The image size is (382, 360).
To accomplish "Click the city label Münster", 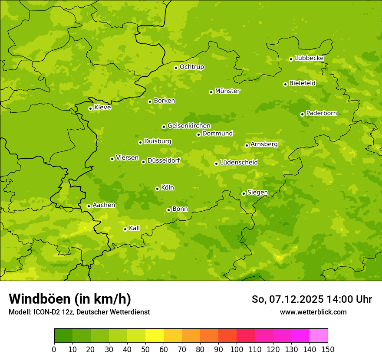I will pos(227,91).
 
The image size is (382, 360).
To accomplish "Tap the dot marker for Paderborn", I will pos(302,114).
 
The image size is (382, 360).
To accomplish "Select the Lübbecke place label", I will pos(309,58).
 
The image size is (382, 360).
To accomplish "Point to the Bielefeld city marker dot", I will pos(285,84).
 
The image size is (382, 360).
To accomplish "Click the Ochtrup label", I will pos(191,67).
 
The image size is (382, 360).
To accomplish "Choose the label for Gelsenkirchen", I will pos(189,126).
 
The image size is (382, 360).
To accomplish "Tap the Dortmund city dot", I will pos(198,134).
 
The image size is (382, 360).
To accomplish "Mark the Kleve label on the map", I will pos(102,108).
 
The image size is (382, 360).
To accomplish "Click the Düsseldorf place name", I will pos(164,160).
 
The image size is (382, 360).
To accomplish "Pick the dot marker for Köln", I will pos(157,189).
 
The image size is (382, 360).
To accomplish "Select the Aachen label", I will pos(104,205).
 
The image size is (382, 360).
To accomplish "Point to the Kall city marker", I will pos(125,229).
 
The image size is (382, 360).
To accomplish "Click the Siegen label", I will pos(257,193).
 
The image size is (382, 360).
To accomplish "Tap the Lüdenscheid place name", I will pos(239,163).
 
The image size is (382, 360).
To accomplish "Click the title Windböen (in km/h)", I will pos(70,299).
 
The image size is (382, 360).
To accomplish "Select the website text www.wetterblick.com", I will pos(313,312).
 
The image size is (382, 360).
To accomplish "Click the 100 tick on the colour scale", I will pos(237,349).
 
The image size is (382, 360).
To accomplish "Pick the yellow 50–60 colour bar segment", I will pos(155,336).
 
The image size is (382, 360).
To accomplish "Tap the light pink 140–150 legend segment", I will pos(319,336).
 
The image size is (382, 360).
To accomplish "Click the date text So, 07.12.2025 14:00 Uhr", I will pos(312,299).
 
